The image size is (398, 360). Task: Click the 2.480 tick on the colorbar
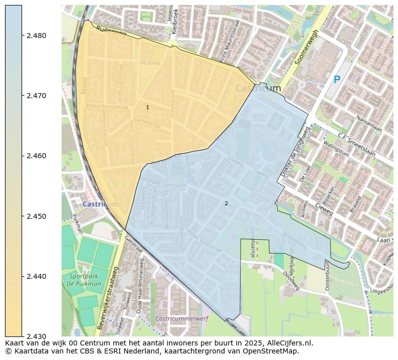(36, 36)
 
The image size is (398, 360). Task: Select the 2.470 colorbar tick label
(36, 96)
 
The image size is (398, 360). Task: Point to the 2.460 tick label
(36, 156)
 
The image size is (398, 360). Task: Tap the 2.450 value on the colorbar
(36, 216)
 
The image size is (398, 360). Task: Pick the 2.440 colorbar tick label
(36, 276)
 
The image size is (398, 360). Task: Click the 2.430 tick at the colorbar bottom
(36, 336)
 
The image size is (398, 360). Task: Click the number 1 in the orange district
(147, 108)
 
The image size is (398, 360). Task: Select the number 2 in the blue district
(226, 203)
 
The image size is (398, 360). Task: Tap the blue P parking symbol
(337, 80)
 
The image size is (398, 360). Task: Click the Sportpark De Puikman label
(85, 280)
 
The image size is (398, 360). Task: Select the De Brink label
(149, 63)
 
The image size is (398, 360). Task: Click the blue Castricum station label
(100, 204)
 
